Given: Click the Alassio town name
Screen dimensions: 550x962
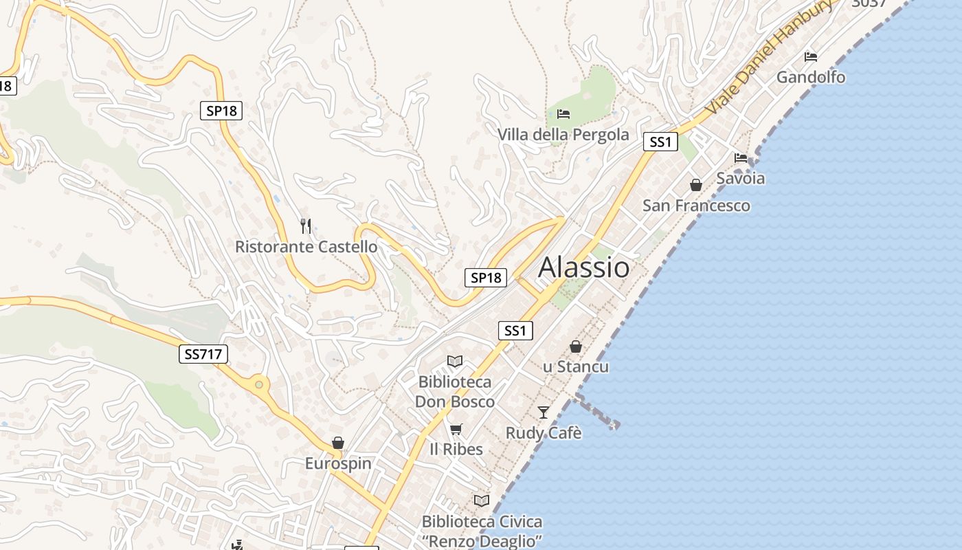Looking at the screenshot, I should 583,267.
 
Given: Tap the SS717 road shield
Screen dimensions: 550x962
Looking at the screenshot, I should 204,354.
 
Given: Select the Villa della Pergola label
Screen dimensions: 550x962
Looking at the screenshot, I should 563,134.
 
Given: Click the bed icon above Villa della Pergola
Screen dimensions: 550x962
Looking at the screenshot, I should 563,113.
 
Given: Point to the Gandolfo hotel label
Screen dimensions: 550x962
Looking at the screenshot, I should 811,77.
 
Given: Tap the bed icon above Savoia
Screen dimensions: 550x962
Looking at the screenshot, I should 741,157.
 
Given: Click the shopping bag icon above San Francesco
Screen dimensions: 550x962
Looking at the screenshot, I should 696,185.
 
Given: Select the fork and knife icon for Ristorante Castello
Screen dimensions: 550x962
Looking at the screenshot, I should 306,225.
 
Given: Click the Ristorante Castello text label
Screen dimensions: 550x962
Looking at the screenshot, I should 306,246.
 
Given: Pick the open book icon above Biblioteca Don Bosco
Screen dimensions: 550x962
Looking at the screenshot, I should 455,361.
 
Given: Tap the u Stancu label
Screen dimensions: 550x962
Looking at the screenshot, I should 576,366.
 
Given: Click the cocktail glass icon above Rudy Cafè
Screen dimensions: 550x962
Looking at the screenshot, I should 544,412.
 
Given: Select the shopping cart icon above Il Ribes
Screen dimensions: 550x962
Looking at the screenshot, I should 456,430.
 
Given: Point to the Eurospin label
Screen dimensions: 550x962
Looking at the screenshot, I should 338,463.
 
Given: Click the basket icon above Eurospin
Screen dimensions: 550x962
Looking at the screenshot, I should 337,443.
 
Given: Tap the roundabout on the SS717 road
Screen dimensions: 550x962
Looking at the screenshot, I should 259,384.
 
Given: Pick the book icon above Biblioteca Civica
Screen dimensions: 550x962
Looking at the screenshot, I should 482,500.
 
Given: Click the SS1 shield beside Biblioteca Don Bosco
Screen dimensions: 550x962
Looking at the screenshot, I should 515,331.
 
